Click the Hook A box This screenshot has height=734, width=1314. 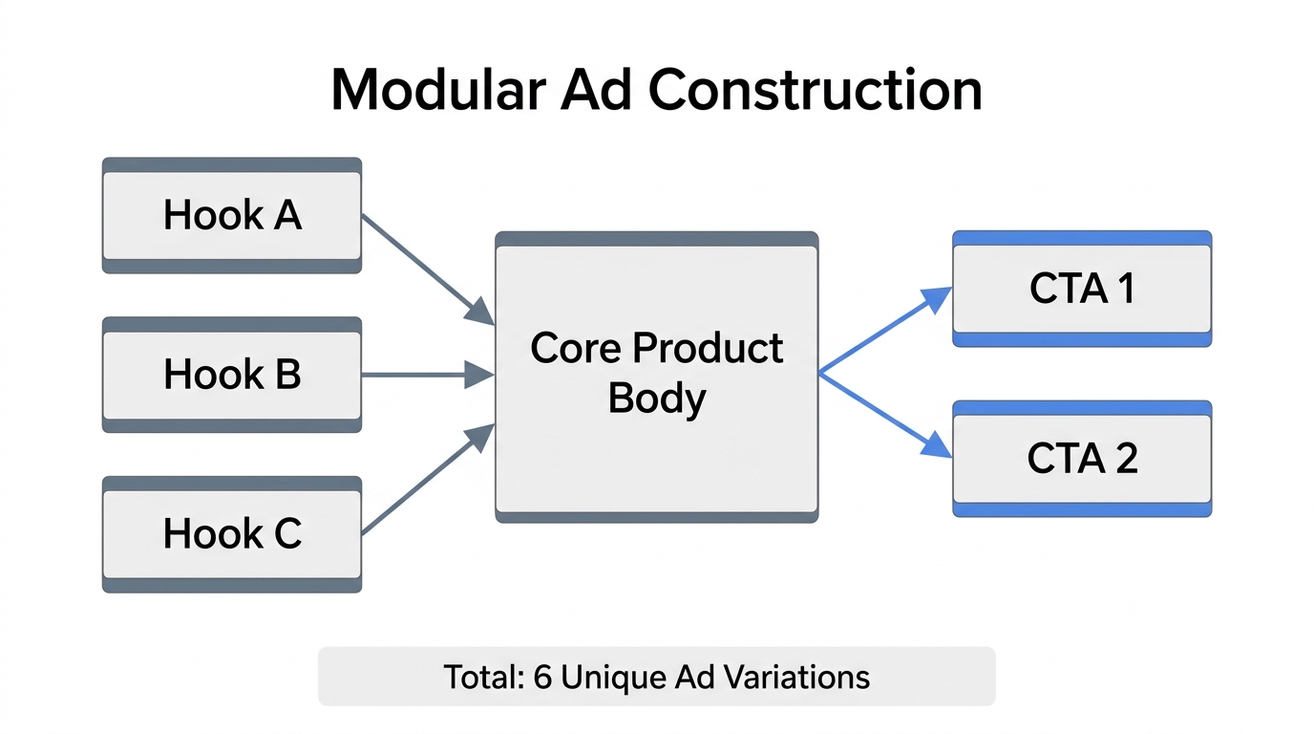tap(231, 215)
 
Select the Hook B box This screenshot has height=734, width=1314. tap(231, 375)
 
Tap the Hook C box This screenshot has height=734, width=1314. tap(231, 533)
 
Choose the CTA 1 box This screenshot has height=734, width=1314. tap(1081, 289)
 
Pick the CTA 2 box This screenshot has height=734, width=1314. tap(1081, 459)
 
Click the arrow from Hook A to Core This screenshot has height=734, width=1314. tap(426, 269)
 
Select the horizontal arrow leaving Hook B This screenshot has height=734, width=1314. tap(426, 375)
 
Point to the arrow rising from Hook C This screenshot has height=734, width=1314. tap(426, 480)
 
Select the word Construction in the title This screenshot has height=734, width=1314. tap(815, 91)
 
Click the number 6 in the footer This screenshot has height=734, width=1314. tap(542, 677)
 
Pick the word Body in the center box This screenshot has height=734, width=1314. tap(656, 398)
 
